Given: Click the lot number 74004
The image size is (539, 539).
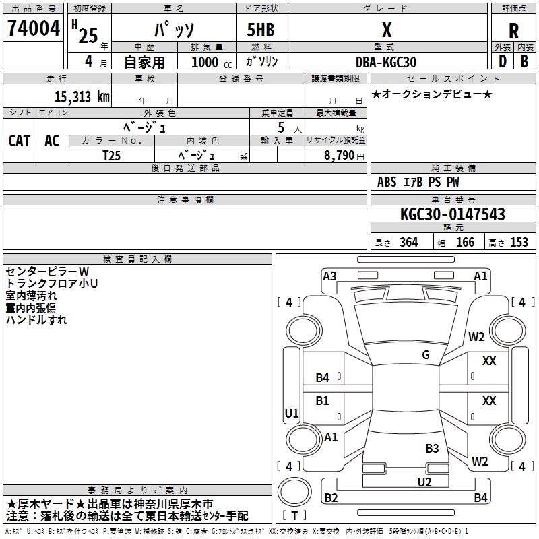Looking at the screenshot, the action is (x=34, y=28).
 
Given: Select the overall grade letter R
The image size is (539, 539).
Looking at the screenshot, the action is (x=513, y=31).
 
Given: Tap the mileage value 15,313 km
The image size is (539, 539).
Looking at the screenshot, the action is (x=82, y=97).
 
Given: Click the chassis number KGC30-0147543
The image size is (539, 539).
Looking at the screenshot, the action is (x=453, y=214).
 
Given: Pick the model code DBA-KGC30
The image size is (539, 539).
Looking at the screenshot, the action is (x=386, y=62).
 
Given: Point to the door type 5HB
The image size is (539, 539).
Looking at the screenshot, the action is (x=261, y=30).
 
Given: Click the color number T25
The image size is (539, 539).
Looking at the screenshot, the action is (x=111, y=156).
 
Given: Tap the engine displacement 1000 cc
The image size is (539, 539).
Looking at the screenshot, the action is (x=212, y=62).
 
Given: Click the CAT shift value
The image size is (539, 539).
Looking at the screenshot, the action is (x=20, y=141).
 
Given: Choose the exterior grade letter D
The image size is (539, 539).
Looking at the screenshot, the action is (x=503, y=61).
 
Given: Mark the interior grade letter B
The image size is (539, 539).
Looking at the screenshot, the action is (x=524, y=61).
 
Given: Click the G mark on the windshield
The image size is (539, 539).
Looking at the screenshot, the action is (x=426, y=354).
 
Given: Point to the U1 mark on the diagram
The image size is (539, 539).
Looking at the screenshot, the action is (x=292, y=413).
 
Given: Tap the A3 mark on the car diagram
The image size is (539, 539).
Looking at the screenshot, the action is (x=329, y=276).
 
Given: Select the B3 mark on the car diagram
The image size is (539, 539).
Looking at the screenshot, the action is (x=432, y=449).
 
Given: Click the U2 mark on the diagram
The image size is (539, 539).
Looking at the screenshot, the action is (x=424, y=482).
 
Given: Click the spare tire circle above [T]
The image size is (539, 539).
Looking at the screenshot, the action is (x=294, y=491).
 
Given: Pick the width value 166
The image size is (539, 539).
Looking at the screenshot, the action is (x=465, y=242).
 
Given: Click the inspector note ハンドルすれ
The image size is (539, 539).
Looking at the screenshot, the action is (x=36, y=320).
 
